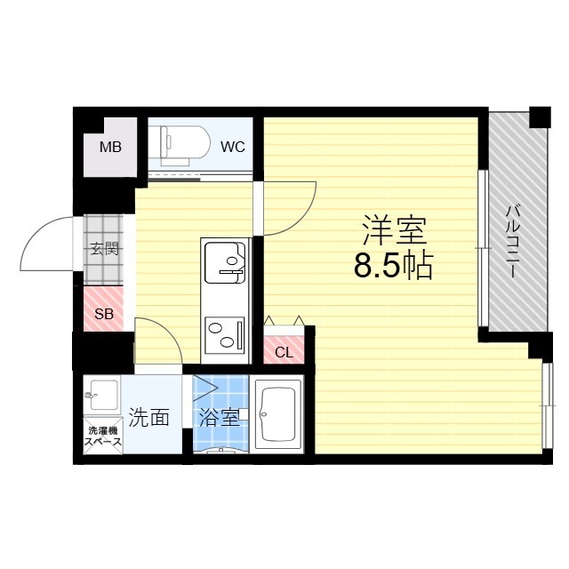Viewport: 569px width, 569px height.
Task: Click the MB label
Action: coord(111,148)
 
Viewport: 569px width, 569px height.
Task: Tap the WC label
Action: coord(233,147)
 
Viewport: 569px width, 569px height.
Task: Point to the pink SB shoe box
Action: coord(103,314)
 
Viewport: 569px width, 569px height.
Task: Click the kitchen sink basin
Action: coord(225,262)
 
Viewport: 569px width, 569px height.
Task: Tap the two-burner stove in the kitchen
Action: coord(226,334)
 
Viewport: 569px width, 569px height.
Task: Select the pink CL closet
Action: coord(284,348)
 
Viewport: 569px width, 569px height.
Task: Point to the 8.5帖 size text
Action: coord(394,266)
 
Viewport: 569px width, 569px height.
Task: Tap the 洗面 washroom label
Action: coord(148,417)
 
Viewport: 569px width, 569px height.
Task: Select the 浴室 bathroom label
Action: coord(218,417)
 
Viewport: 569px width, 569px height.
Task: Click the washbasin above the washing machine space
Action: coord(102,392)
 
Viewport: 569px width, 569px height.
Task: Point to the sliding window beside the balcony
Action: coord(482,249)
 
